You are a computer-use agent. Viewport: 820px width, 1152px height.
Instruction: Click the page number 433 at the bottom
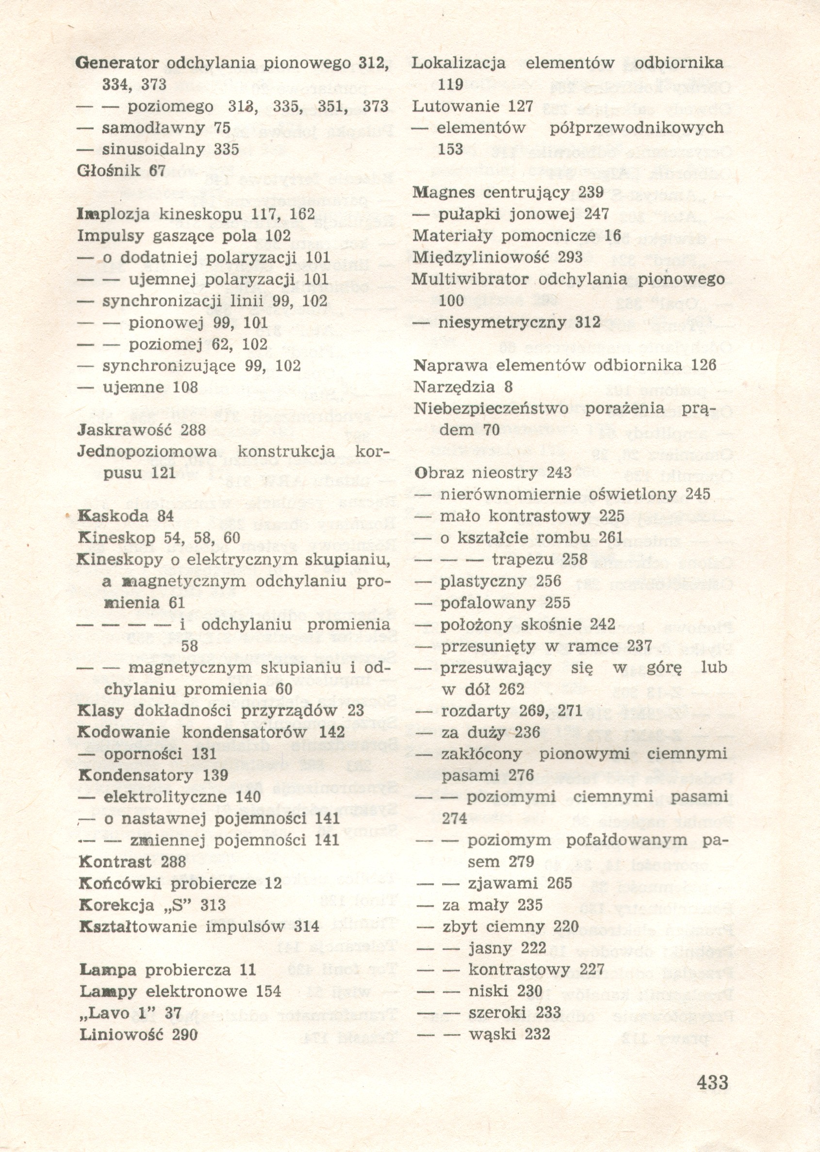click(x=712, y=1097)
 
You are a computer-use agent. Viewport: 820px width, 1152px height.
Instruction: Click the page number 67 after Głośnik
click(x=158, y=171)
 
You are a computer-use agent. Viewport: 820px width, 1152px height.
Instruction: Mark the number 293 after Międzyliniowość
click(x=570, y=258)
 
